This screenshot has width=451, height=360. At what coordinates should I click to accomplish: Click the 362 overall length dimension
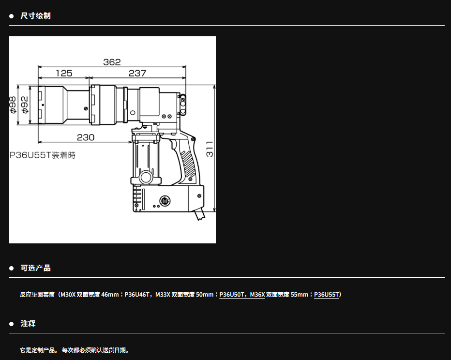click(112, 62)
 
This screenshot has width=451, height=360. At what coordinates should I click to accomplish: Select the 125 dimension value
click(64, 74)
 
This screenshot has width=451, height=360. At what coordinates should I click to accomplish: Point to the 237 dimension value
click(137, 74)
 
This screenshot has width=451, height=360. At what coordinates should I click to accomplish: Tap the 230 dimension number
click(86, 137)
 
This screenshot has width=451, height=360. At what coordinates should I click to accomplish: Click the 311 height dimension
click(210, 149)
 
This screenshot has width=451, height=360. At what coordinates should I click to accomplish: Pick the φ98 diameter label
click(13, 105)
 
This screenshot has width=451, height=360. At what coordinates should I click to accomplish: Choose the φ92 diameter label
click(25, 105)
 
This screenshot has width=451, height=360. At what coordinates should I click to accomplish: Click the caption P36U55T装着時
click(42, 155)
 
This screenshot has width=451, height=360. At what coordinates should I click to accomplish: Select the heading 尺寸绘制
click(36, 16)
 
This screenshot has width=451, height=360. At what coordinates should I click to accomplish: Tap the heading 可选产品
click(36, 268)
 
